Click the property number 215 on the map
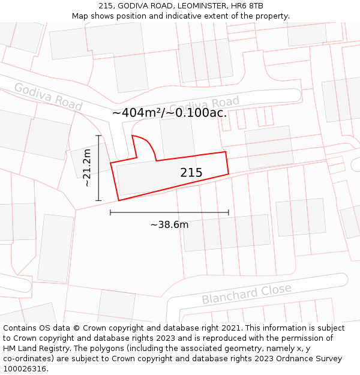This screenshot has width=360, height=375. point(191,173)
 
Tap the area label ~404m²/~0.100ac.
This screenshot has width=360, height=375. point(170,113)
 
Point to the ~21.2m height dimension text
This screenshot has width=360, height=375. point(87,168)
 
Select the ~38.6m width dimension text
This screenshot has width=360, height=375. point(169,225)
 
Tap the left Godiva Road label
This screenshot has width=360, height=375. point(48,97)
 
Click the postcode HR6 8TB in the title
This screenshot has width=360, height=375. point(247,5)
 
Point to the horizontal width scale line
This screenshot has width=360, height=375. point(169,212)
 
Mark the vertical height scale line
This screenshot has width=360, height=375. point(98,168)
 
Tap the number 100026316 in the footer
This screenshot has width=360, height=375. point(26,369)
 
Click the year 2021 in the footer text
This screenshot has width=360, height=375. point(230,328)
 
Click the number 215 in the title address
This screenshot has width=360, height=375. point(106,5)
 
